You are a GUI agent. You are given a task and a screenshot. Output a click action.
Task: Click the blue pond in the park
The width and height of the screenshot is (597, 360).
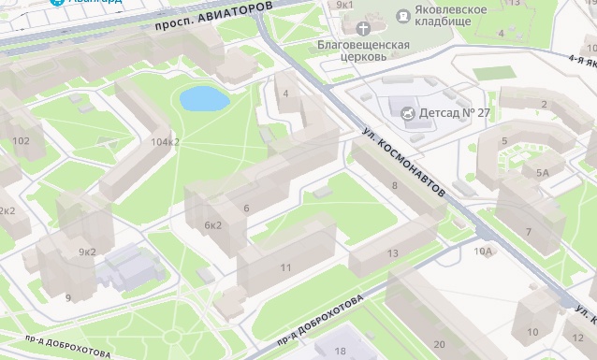(203, 98)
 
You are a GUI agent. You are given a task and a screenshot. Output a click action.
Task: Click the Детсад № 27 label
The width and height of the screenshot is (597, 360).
(455, 113)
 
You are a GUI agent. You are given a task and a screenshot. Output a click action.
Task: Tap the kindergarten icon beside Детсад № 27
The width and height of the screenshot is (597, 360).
(408, 113)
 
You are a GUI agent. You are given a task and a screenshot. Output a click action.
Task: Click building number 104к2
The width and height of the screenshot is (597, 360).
(165, 142)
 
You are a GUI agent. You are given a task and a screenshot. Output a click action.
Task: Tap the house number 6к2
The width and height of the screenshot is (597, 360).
(213, 224)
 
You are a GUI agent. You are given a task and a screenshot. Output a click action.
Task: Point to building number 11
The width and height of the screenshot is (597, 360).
(285, 267)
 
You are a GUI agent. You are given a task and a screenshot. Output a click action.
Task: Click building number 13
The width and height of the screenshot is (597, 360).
(392, 253)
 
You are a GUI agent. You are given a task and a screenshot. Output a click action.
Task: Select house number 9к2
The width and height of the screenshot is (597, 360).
(88, 252)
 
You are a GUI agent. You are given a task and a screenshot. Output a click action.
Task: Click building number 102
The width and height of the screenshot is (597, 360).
(21, 141)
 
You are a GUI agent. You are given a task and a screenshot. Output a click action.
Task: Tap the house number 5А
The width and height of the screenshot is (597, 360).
(543, 172)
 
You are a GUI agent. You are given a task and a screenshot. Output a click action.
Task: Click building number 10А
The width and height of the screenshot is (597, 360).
(483, 251)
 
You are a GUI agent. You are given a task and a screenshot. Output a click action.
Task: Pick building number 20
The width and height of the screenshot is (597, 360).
(440, 344)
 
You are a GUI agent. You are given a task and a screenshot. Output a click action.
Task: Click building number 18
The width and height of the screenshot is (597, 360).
(340, 352)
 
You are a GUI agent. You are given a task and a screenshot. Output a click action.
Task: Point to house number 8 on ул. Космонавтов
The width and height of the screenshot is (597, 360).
(394, 186)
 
